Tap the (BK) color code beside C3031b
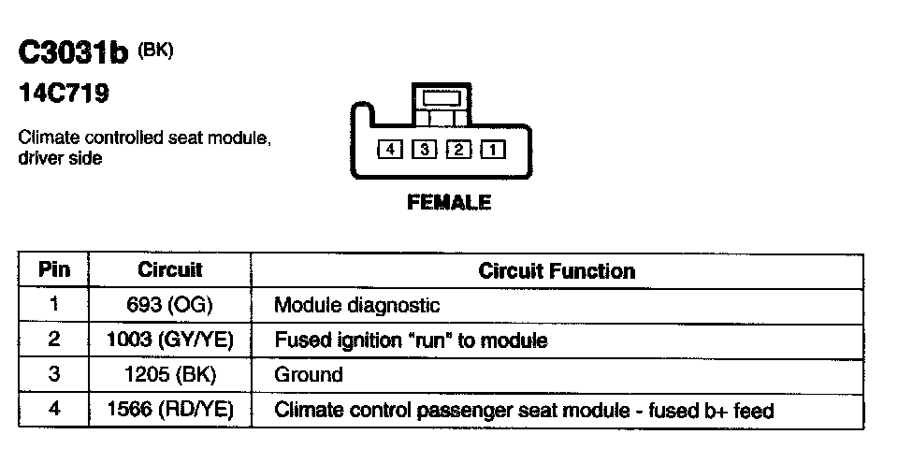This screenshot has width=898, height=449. pos(155,51)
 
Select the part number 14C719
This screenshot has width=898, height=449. pos(63,94)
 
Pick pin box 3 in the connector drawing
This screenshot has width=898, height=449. pos(423,150)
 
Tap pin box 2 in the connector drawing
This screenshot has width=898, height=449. pos(457,150)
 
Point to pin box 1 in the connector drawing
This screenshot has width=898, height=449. pos(492,150)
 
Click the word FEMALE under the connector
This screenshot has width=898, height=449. pos(449,202)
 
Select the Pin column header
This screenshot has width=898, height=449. pos(53,270)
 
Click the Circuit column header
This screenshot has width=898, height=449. pos(170,270)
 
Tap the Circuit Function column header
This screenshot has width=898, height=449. pos(557,271)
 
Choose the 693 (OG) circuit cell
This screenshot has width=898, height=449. pos(170,305)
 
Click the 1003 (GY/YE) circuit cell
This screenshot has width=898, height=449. pos(170,340)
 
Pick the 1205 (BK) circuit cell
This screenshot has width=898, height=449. pos(170,375)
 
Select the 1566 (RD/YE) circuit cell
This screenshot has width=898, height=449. pos(170,411)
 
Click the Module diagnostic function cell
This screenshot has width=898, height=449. pos(356,305)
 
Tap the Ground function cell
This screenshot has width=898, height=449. pos(309,375)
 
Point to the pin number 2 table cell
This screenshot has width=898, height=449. pos(53,340)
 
